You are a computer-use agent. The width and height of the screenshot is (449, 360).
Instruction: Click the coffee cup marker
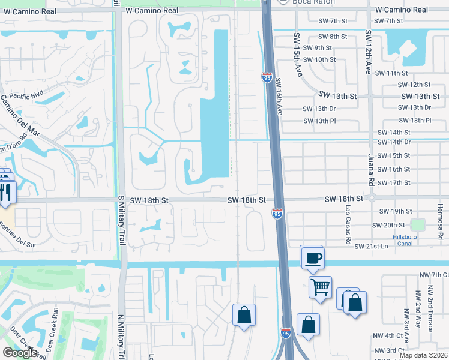click(x=312, y=259)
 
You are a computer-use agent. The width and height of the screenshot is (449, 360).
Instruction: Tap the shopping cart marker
click(x=321, y=289)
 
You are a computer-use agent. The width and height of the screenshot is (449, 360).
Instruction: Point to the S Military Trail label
click(x=121, y=219)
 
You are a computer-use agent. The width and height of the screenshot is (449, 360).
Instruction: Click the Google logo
click(x=20, y=352)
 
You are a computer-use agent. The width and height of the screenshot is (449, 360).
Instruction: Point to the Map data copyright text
click(x=423, y=355)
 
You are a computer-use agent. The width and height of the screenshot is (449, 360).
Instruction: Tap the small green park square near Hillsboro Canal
click(x=417, y=225)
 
